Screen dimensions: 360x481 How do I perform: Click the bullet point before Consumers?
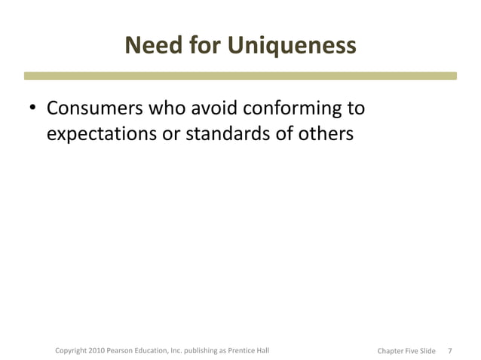(x=33, y=110)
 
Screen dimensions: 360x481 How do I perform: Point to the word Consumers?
(x=93, y=109)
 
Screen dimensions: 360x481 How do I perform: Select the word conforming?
(x=293, y=109)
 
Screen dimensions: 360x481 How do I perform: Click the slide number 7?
(x=450, y=351)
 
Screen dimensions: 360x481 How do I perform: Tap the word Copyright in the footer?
(x=72, y=351)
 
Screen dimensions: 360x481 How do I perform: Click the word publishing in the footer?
(x=207, y=351)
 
